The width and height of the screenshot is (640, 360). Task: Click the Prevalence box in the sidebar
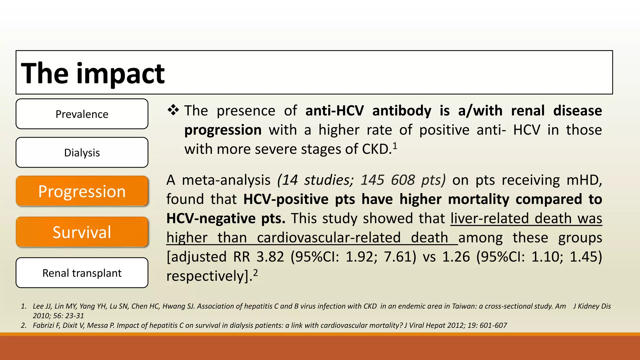coord(82,114)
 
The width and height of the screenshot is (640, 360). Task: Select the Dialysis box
coord(82,152)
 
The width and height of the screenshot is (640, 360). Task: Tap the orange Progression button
coord(82,191)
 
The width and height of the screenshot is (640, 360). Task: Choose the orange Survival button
coord(82,232)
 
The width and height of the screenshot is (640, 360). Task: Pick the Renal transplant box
coord(82,273)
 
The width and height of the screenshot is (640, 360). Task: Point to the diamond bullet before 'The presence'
coord(173,110)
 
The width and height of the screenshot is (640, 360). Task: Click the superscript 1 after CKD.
coord(395,146)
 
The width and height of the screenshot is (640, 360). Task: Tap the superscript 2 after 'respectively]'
coord(255,272)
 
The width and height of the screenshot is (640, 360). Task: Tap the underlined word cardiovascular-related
coord(329,238)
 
